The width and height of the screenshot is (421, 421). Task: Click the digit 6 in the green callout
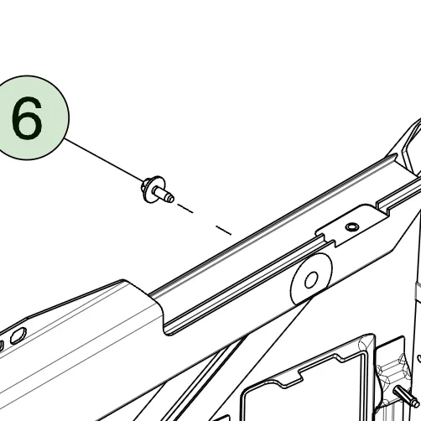tap(27, 117)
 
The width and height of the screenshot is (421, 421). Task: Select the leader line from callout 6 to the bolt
tap(104, 160)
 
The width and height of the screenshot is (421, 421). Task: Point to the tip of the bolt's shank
tap(171, 199)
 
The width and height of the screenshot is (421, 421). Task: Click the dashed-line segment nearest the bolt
tap(185, 209)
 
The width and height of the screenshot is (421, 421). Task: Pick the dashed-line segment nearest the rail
tap(224, 231)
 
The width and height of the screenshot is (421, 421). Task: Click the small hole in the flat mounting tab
tap(352, 226)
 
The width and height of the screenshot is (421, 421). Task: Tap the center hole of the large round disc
tap(311, 280)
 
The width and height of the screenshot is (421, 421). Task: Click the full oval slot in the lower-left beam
tap(18, 335)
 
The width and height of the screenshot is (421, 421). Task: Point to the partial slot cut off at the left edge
tap(2, 346)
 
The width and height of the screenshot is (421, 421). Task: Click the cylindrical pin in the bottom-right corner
tap(407, 396)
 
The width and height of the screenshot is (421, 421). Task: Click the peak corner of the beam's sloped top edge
tap(123, 280)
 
